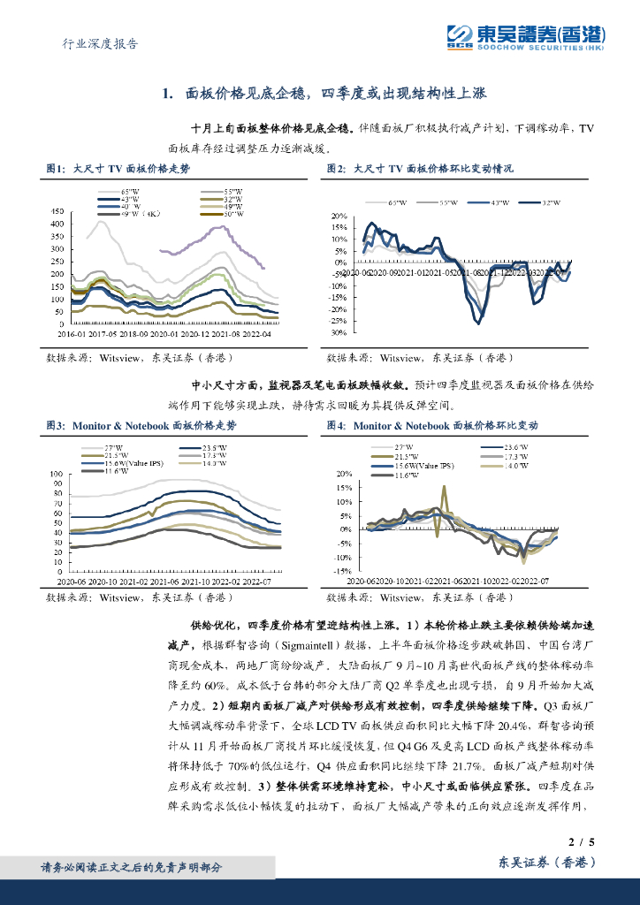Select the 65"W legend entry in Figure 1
(x=130, y=191)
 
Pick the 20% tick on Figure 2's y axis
(x=339, y=216)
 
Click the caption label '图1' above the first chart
(x=55, y=167)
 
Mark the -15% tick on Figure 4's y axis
(x=338, y=571)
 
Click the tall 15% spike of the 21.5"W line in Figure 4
(x=444, y=486)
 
